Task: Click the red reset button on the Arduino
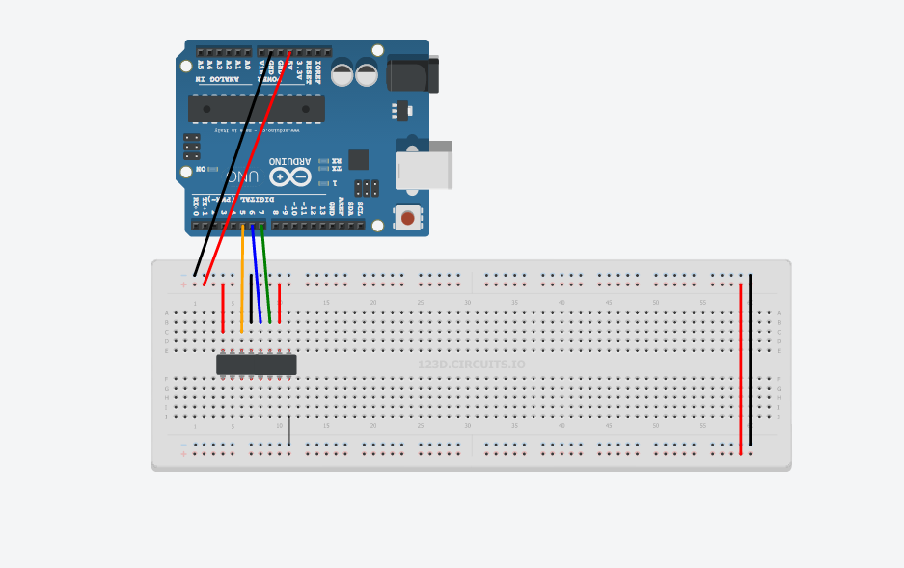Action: (407, 219)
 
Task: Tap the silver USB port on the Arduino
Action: (424, 170)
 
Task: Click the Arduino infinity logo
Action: (289, 176)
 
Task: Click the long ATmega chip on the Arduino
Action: (256, 109)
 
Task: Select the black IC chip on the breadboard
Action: (256, 365)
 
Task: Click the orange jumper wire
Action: (242, 280)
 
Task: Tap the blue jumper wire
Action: (256, 275)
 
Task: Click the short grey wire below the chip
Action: (288, 430)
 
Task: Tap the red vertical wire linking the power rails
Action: (741, 366)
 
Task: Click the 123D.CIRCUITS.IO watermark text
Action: (471, 365)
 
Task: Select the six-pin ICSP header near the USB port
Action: (367, 188)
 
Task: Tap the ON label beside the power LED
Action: (201, 170)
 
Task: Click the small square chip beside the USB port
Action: (358, 159)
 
